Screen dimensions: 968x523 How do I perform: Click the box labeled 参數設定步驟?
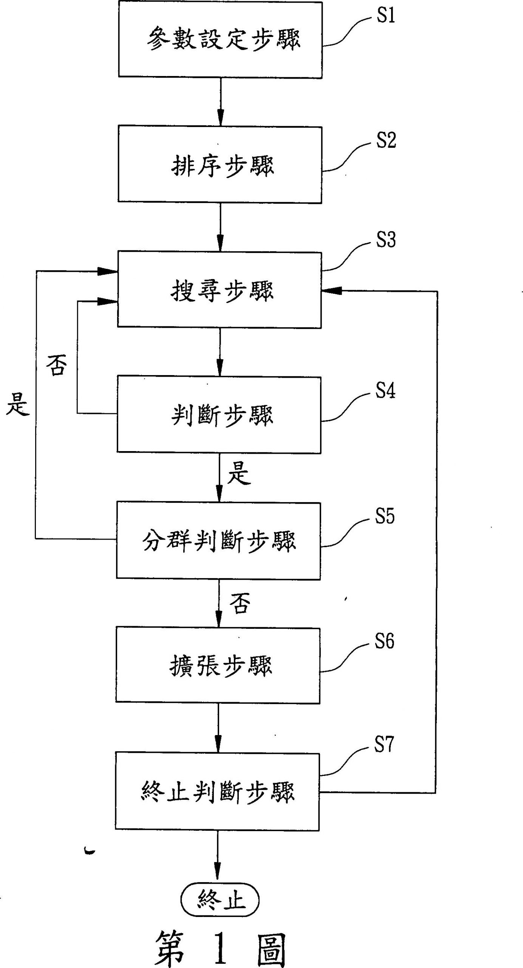220,40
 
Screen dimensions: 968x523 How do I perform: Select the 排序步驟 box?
220,164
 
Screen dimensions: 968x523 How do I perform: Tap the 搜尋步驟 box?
220,290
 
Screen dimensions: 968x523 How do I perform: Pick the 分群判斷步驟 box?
218,541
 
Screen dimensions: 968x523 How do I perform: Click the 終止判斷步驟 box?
217,791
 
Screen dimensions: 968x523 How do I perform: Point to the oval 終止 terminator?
220,900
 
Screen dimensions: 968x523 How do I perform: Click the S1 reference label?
386,16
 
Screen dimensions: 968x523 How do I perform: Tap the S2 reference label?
386,140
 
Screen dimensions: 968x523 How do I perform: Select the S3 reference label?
386,240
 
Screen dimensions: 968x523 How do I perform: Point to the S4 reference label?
385,390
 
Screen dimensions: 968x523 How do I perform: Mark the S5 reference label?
385,516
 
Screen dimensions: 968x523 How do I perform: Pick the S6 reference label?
384,641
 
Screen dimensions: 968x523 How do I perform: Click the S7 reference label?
384,744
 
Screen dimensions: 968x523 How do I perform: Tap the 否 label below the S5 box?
240,603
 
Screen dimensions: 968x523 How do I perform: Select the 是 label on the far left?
17,403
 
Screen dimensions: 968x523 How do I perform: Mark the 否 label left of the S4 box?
56,366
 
